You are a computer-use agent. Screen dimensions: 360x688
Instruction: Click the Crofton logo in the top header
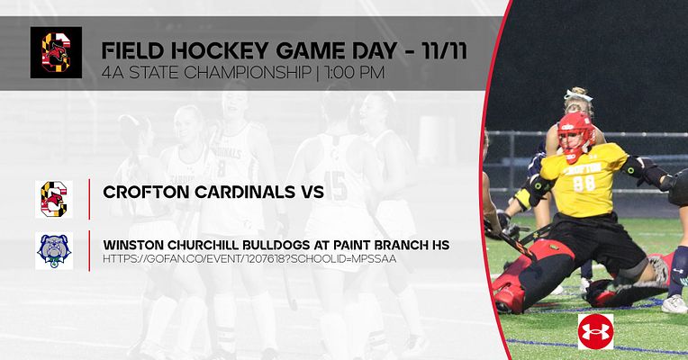[55, 52]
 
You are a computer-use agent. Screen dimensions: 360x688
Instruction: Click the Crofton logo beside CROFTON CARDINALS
[54, 198]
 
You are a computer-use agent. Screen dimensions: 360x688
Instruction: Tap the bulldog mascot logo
[54, 250]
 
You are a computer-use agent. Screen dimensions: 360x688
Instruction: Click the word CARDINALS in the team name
[237, 192]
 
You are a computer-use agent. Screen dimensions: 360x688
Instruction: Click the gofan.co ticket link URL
[250, 259]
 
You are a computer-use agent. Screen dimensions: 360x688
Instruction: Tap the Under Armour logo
[595, 331]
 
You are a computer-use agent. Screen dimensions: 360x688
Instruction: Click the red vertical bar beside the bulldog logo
[89, 250]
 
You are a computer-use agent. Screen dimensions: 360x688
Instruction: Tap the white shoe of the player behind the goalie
[674, 304]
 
